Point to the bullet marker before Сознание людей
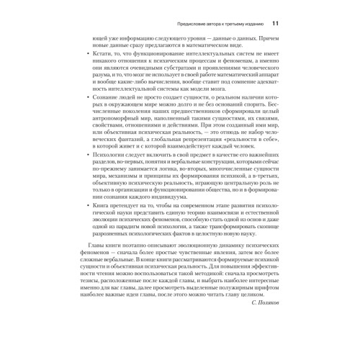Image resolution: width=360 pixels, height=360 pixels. [88, 114]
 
